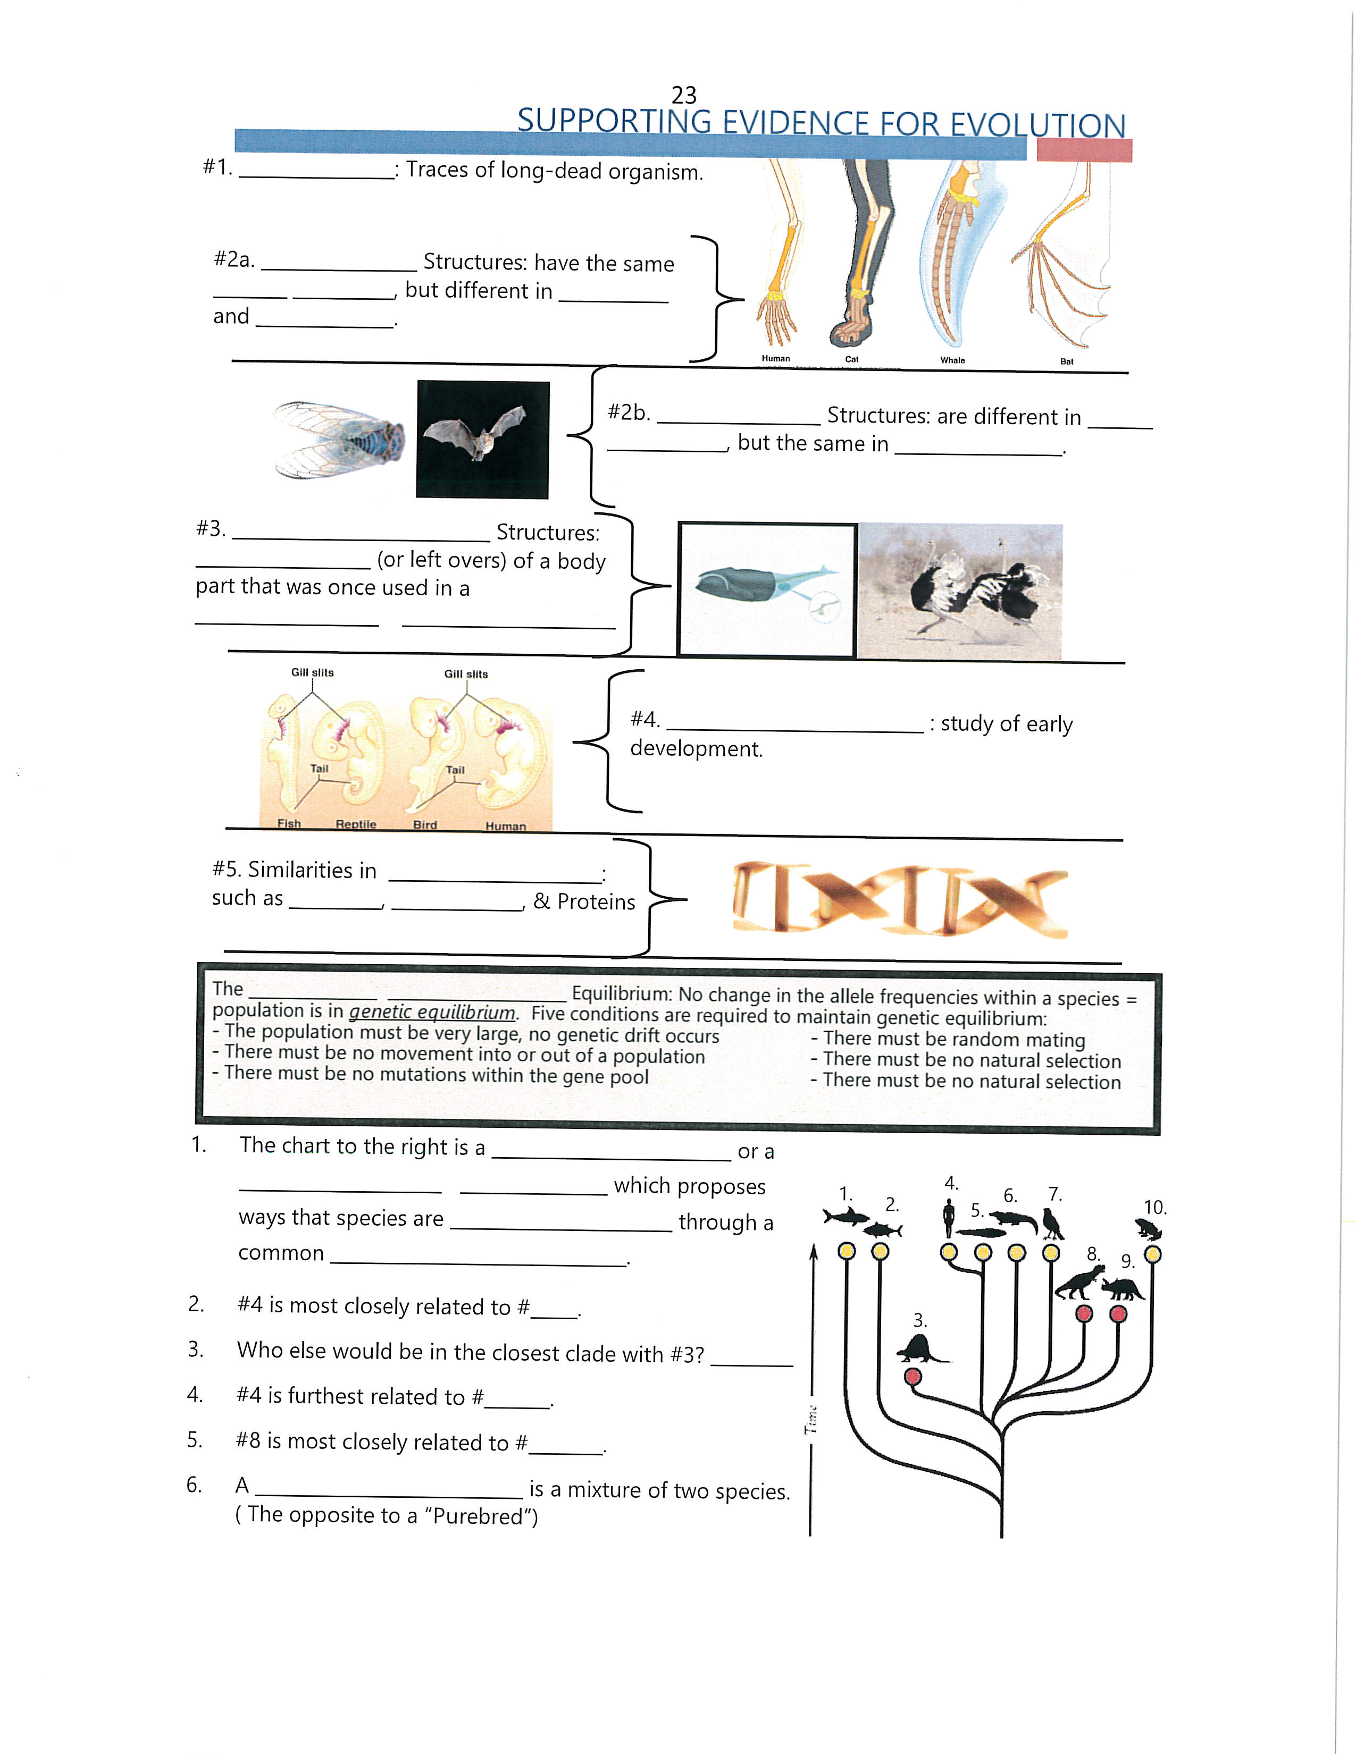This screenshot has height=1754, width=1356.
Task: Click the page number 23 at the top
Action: (684, 96)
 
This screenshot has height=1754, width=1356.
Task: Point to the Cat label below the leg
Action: (851, 359)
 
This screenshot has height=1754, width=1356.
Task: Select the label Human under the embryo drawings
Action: (505, 825)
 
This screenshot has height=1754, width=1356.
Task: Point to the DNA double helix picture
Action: (900, 899)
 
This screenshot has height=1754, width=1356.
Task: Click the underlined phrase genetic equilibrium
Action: (432, 1012)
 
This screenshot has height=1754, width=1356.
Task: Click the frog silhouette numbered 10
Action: (1149, 1229)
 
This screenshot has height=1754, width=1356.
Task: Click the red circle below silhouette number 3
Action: (913, 1377)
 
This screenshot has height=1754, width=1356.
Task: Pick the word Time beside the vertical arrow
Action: (811, 1420)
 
